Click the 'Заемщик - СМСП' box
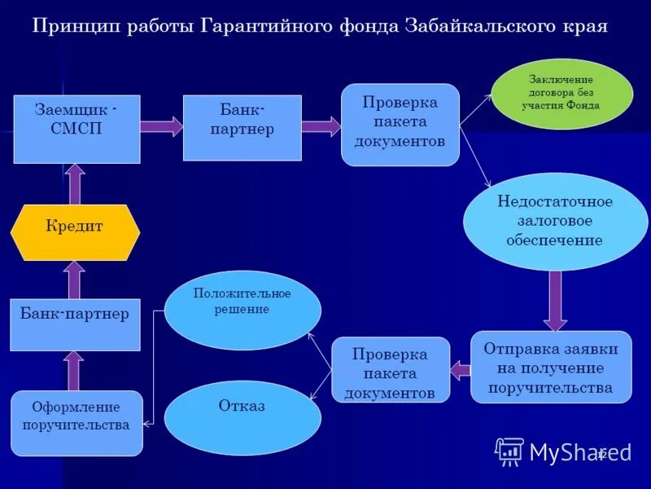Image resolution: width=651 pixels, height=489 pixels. pyautogui.click(x=76, y=129)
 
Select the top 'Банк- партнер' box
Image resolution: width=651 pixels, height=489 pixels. pyautogui.click(x=242, y=128)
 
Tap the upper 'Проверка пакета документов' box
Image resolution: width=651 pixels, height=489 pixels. pyautogui.click(x=400, y=125)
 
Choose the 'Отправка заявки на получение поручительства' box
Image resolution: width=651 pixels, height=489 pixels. pyautogui.click(x=551, y=367)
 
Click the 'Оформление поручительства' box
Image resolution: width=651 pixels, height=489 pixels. pyautogui.click(x=76, y=423)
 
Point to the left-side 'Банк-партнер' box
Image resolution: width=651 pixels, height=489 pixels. pyautogui.click(x=75, y=324)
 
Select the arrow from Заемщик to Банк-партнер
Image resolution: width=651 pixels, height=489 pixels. pyautogui.click(x=161, y=126)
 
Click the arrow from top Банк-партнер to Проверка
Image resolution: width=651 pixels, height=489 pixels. pyautogui.click(x=321, y=126)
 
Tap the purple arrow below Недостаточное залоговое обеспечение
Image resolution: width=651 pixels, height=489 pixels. pyautogui.click(x=556, y=300)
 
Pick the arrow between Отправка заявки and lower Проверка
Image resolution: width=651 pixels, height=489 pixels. pyautogui.click(x=461, y=371)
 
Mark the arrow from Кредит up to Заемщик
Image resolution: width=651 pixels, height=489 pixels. pyautogui.click(x=75, y=183)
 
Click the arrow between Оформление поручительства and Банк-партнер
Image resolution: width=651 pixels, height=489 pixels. pyautogui.click(x=74, y=371)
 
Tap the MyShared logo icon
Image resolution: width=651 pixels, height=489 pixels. pyautogui.click(x=510, y=452)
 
